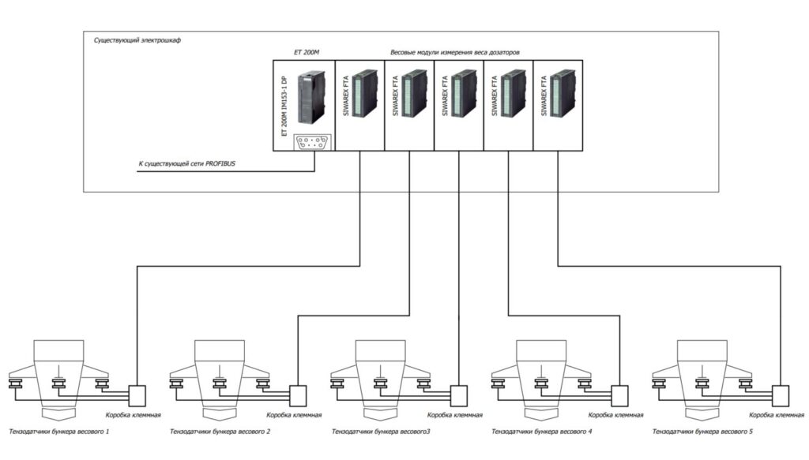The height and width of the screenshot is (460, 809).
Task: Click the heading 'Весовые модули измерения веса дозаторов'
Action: pos(455,52)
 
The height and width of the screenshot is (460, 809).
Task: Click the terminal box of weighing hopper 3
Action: pos(459,394)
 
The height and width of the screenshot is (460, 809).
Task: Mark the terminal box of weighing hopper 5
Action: pos(781,394)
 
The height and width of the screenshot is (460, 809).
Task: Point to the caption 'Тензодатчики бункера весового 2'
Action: pos(220,432)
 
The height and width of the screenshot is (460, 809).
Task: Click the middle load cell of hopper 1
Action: pos(58,384)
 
